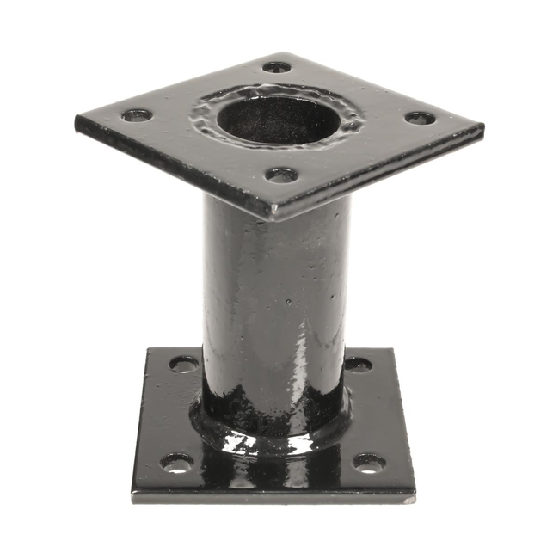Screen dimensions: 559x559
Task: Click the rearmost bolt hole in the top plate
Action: (x=276, y=66)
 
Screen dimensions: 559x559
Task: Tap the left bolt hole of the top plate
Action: (x=136, y=114)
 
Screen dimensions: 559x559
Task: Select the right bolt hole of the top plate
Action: (x=420, y=118)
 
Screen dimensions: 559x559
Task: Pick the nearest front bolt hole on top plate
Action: (x=281, y=175)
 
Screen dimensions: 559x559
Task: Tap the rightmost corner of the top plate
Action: (x=482, y=129)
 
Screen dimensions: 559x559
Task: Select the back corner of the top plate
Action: (x=279, y=54)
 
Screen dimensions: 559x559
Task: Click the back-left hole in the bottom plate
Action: (x=183, y=364)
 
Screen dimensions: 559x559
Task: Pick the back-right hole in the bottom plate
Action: (x=358, y=365)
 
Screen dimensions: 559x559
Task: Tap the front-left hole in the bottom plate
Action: (x=176, y=463)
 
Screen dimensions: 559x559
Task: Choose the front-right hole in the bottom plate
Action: (x=369, y=464)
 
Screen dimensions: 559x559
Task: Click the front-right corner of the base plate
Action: (x=415, y=497)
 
